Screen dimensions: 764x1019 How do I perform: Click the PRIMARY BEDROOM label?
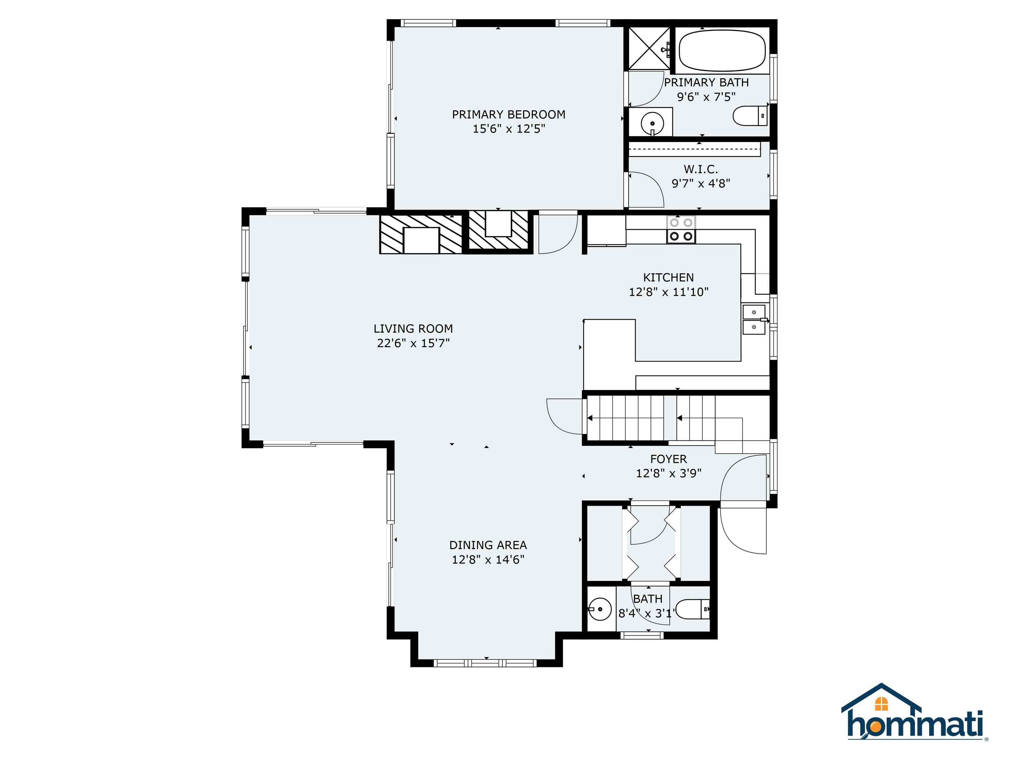508,114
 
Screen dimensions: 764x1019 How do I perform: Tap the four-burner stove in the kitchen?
681,230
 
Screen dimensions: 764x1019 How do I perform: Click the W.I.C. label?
700,169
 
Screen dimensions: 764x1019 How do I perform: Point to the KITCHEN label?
668,277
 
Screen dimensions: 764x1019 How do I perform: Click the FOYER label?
668,459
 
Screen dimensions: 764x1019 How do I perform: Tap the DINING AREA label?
488,545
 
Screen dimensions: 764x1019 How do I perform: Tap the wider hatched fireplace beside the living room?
421,234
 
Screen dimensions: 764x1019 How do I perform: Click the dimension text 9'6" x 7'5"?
706,97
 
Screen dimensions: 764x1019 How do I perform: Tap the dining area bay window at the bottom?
486,663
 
